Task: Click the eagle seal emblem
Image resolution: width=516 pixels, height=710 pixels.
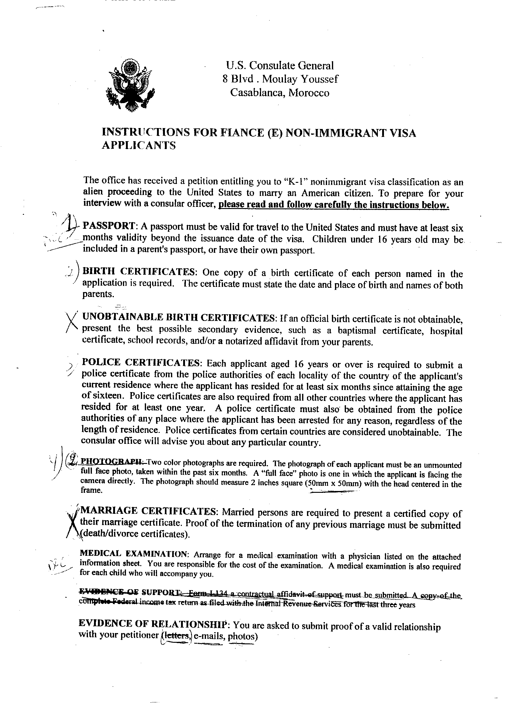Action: (131, 85)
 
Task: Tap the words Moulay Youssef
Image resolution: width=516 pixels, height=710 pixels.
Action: (300, 79)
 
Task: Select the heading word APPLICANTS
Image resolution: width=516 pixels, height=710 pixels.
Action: (138, 146)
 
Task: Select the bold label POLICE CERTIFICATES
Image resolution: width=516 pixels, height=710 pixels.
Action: (140, 363)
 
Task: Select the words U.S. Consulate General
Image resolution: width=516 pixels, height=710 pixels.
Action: (280, 66)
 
